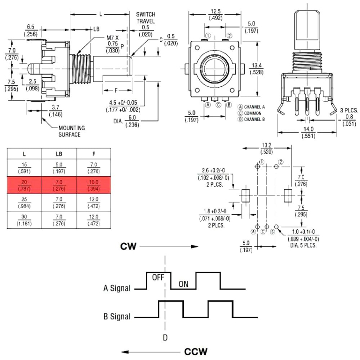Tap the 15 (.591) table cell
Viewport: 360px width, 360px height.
[x=24, y=167]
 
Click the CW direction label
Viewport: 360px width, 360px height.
[x=128, y=246]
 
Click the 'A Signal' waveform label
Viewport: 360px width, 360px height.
[x=117, y=288]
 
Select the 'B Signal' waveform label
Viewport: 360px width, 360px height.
[x=117, y=316]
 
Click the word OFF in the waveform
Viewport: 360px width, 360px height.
[x=157, y=277]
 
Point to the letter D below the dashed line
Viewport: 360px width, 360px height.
[x=165, y=337]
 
